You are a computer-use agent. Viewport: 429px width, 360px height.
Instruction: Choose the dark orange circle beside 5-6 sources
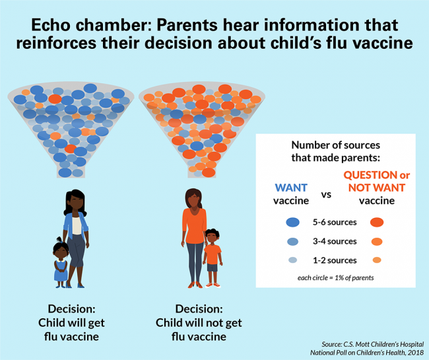click(x=378, y=223)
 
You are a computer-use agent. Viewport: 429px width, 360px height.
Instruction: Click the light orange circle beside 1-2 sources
click(x=378, y=260)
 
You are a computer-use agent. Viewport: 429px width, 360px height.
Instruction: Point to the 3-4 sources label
click(x=335, y=241)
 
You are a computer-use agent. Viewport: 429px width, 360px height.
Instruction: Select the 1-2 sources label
click(x=335, y=260)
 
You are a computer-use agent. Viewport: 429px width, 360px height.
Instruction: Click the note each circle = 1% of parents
click(x=335, y=277)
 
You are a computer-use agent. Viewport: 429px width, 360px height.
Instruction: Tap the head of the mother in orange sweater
click(x=194, y=196)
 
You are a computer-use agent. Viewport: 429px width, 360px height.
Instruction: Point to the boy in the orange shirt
click(x=212, y=258)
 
